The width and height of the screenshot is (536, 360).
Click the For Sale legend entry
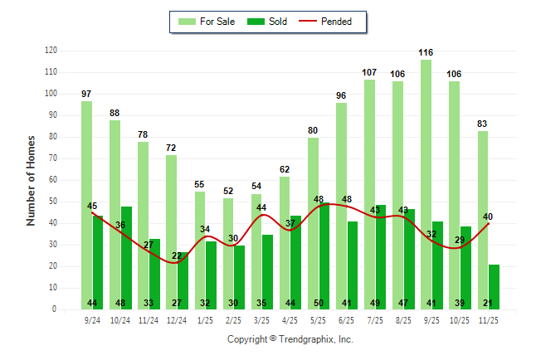point(207,22)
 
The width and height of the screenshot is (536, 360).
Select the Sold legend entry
point(270,22)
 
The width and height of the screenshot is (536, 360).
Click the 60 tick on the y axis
point(53,180)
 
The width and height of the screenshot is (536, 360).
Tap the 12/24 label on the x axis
point(177,319)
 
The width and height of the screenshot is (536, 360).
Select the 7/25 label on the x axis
point(375,319)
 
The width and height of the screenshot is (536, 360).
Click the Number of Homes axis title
point(32,180)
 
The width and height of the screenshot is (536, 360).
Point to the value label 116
point(426,52)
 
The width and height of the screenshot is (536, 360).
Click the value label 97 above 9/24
point(86,94)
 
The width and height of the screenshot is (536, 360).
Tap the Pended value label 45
point(92,206)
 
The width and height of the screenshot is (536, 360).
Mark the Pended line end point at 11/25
point(489,223)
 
